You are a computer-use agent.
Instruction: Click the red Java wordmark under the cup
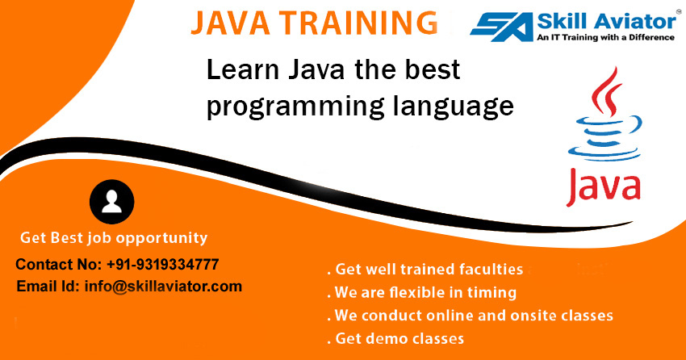604,184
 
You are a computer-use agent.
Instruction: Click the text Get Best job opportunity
113,238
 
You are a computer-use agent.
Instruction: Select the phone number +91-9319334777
162,265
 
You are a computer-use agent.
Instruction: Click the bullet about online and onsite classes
470,314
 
